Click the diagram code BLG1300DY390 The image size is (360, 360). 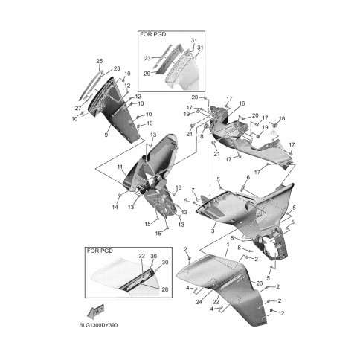[99, 325]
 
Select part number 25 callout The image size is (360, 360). [99, 61]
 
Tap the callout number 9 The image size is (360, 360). [106, 135]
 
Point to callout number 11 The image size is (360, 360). [120, 167]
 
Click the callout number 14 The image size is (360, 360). [115, 208]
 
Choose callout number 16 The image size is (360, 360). [242, 103]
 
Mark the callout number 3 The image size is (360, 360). [213, 231]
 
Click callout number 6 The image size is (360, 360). [248, 177]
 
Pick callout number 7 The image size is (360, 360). [193, 190]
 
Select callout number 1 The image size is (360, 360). [228, 245]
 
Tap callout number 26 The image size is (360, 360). [259, 283]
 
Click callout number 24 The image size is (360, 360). [199, 302]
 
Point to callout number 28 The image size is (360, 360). [165, 289]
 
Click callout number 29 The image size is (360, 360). [147, 74]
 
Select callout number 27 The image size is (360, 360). [78, 108]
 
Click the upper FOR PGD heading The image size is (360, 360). [153, 34]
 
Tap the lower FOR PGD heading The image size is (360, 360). [100, 251]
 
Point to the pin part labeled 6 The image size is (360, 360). [242, 187]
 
